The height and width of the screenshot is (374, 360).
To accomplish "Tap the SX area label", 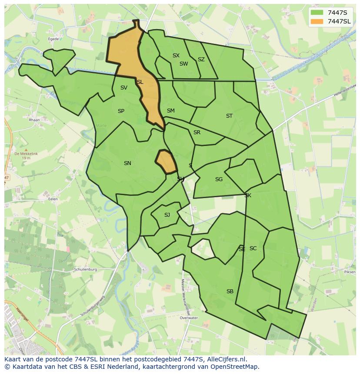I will (x=176, y=56).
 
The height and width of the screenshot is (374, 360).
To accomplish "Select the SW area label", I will (x=184, y=64).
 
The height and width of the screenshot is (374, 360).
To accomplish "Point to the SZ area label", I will (x=201, y=60).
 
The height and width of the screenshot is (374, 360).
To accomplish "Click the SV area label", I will (x=124, y=88).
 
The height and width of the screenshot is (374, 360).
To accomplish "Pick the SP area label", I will (x=121, y=111).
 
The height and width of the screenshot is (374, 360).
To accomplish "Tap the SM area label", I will (x=171, y=111).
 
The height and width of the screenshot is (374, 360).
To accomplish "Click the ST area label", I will (x=229, y=116).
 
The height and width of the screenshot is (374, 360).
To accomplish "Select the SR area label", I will (x=197, y=132).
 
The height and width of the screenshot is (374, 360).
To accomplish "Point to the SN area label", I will (x=127, y=163).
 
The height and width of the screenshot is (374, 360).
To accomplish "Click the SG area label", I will (x=219, y=179).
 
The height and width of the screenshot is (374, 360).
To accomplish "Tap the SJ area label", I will (x=167, y=215).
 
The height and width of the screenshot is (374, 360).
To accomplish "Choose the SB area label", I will (x=230, y=291).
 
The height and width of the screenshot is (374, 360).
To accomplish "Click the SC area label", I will (x=253, y=248).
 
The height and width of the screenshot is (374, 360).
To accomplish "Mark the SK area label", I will (x=248, y=195).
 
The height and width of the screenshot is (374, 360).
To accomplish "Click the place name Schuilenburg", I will (x=85, y=269).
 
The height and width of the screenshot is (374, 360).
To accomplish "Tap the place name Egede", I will (x=53, y=39).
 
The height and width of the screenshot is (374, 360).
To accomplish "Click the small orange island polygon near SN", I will (x=166, y=162).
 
